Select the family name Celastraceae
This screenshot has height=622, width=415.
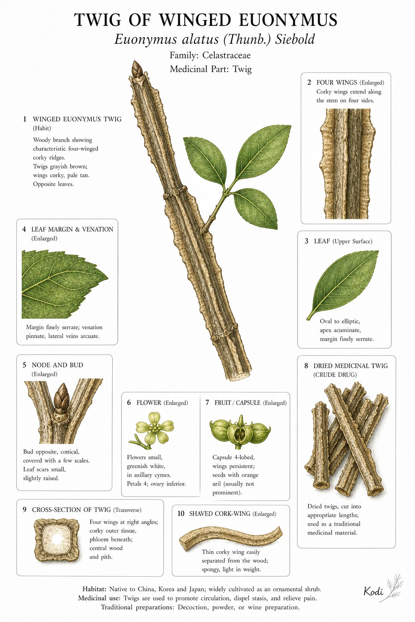pos(226,55)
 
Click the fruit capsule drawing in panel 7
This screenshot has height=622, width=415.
pos(240,432)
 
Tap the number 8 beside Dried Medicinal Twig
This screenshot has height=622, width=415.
pos(306,365)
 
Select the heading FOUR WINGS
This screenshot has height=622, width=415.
pos(337,83)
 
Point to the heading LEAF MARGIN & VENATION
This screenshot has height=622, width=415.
pos(72,229)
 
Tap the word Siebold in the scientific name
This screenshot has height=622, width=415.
pos(295,39)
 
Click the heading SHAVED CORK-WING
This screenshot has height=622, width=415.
pos(220,514)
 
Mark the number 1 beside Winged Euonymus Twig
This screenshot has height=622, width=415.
pos(25,119)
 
